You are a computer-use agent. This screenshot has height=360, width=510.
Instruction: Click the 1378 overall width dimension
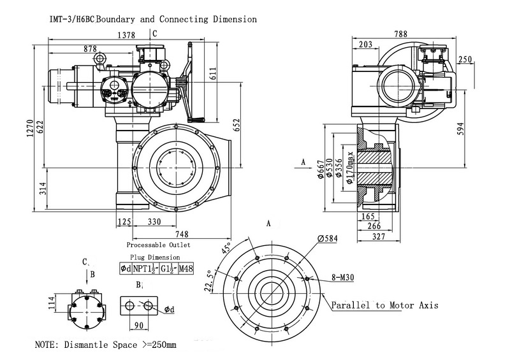pos(126,36)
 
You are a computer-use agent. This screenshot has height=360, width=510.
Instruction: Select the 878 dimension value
pos(90,48)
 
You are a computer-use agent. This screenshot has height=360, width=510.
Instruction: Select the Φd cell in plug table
pos(126,269)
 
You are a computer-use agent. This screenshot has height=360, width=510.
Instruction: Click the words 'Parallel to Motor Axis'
pos(384,305)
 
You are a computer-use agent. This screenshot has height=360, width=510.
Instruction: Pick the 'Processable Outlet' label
pos(158,245)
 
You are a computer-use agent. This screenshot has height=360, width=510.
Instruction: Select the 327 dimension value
pos(378,236)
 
